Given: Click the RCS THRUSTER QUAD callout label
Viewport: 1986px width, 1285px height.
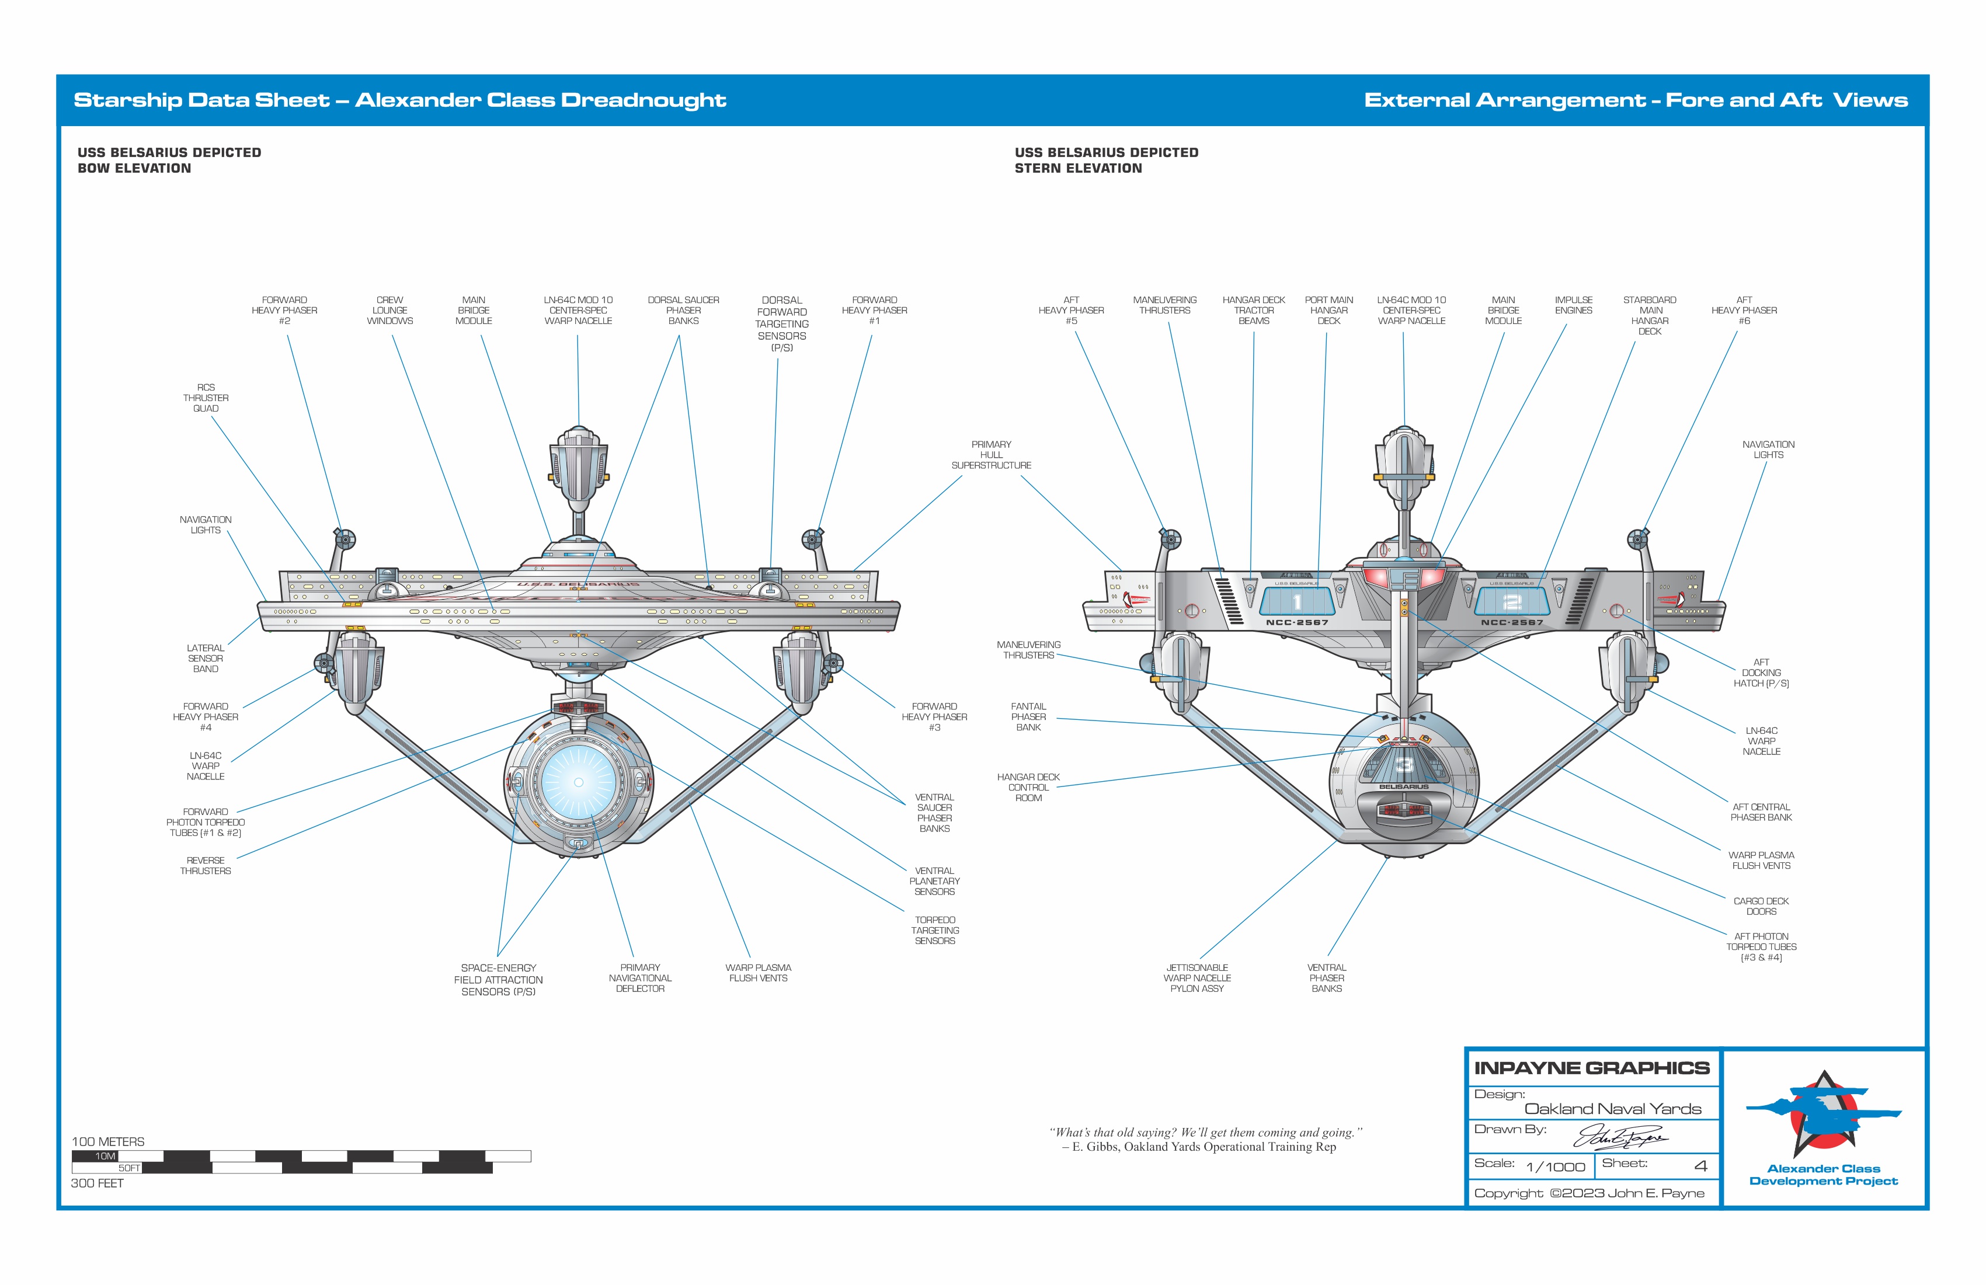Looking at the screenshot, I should tap(206, 398).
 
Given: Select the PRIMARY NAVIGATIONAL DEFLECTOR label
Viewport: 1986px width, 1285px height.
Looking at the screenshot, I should tap(640, 978).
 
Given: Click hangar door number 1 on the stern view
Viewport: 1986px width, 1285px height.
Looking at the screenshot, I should tap(1297, 601).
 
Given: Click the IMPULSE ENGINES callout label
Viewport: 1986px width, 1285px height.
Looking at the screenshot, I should tap(1573, 305).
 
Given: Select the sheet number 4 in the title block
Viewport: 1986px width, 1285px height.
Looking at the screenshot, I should tap(1700, 1166).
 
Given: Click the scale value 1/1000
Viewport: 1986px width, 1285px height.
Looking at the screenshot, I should tap(1556, 1166).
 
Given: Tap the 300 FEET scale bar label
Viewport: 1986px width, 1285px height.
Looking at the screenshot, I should tap(98, 1183).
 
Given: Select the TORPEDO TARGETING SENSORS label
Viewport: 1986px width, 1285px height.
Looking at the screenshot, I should tap(934, 931).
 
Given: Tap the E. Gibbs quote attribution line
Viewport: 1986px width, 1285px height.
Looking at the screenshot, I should tap(1198, 1147).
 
